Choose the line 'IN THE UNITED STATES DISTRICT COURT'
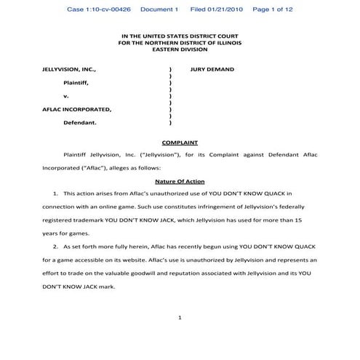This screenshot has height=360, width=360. (x=179, y=35)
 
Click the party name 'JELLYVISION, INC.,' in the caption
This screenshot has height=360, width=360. (x=70, y=70)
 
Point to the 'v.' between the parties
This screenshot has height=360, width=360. (x=65, y=96)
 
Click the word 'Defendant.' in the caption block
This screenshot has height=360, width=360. (x=79, y=123)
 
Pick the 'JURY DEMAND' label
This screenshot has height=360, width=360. (x=212, y=70)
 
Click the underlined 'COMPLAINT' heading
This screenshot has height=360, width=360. (x=180, y=142)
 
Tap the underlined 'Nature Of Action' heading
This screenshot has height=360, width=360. (x=180, y=180)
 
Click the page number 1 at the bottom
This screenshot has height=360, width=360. (x=180, y=317)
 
